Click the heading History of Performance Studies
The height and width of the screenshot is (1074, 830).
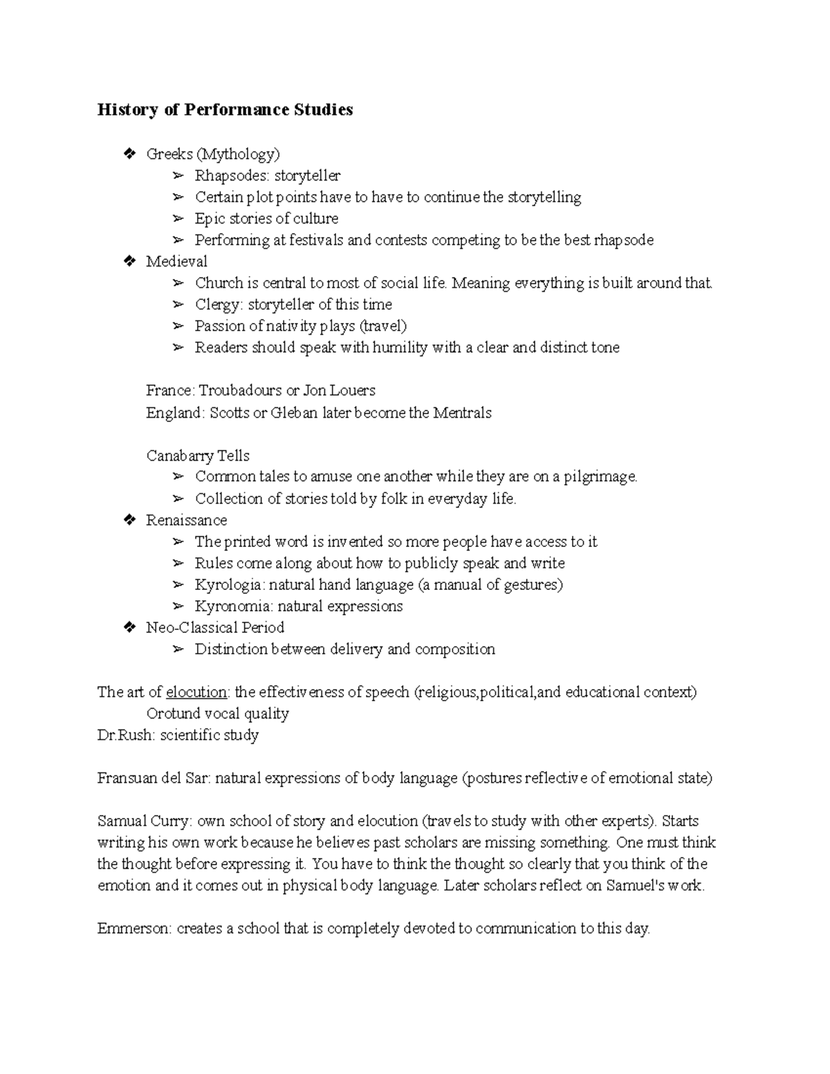point(225,110)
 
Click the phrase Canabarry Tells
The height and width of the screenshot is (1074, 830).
point(198,456)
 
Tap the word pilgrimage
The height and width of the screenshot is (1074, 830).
point(600,477)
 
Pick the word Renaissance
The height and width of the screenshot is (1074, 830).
point(186,520)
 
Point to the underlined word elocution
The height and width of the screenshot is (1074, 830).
point(196,692)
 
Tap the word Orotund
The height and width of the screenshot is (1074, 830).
point(173,714)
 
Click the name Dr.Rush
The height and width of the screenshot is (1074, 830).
point(125,735)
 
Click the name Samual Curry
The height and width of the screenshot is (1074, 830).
point(143,822)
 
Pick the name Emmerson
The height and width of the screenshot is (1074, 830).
point(133,929)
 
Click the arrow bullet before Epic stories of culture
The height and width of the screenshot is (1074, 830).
point(178,219)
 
